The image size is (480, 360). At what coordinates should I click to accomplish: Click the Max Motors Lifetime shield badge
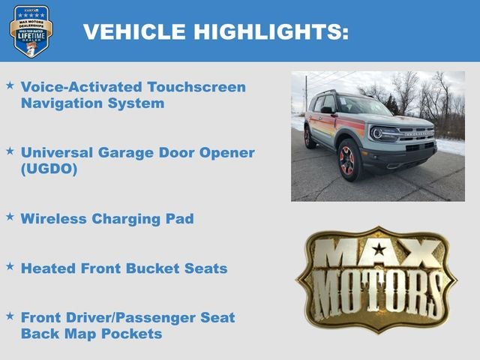click(31, 31)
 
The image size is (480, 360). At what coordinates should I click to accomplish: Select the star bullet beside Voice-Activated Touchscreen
click(10, 85)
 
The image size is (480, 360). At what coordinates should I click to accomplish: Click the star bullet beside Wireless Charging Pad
click(10, 217)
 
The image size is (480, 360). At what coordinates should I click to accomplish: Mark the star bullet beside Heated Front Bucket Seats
click(10, 266)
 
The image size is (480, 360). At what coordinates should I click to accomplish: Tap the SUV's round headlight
click(377, 133)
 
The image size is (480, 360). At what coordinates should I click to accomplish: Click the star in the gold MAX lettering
click(379, 249)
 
